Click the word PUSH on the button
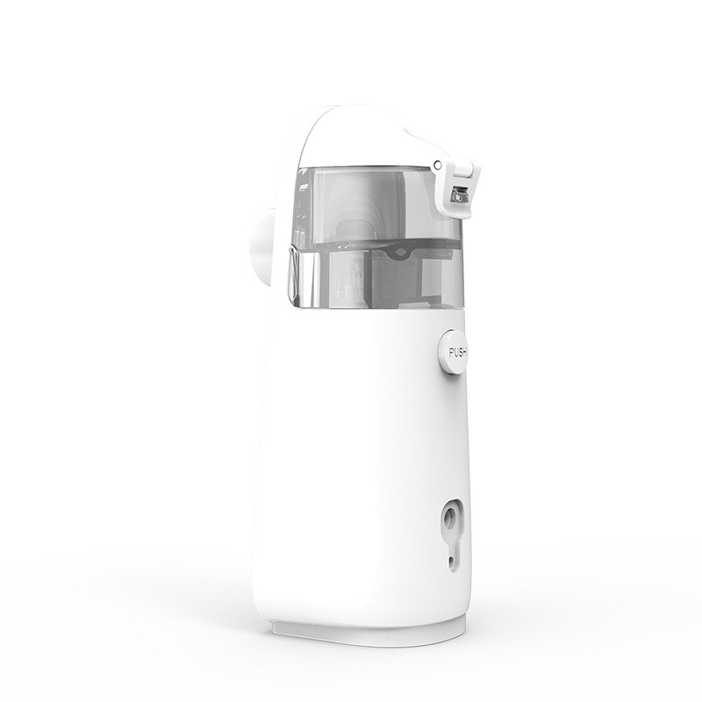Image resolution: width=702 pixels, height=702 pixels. (x=457, y=353)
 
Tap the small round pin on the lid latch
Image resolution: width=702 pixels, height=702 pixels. (x=438, y=166)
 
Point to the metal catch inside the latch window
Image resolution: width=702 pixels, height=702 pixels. (x=458, y=196)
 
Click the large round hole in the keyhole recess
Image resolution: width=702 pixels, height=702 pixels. (x=449, y=519)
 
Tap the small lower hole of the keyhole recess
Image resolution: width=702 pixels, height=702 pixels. (x=451, y=560)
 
